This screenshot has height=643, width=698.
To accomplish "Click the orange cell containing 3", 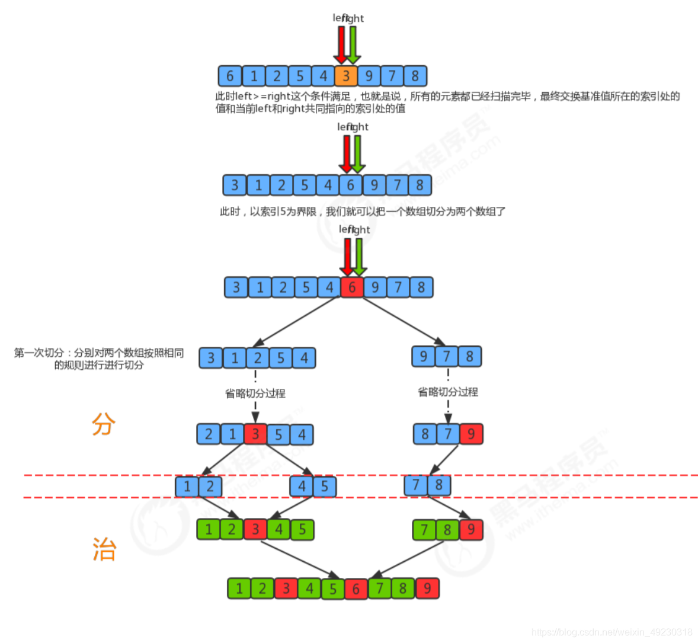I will pyautogui.click(x=346, y=76).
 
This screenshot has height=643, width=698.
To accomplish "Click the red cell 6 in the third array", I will pyautogui.click(x=352, y=287).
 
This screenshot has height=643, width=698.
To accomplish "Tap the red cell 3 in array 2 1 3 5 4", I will pyautogui.click(x=255, y=434).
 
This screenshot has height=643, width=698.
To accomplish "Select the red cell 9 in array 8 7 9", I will pyautogui.click(x=471, y=434).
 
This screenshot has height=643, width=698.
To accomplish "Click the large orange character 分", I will pyautogui.click(x=104, y=424).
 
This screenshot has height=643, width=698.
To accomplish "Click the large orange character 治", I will pyautogui.click(x=104, y=549).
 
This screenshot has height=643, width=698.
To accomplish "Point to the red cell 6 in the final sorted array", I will pyautogui.click(x=356, y=589).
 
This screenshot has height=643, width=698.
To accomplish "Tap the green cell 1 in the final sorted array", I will pyautogui.click(x=239, y=588).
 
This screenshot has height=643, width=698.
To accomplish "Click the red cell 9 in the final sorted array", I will pyautogui.click(x=427, y=588).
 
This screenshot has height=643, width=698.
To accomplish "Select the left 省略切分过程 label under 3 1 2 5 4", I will pyautogui.click(x=255, y=394).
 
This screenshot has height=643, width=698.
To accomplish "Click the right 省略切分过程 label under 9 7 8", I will pyautogui.click(x=448, y=392).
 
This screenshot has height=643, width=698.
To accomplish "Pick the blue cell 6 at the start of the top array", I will pyautogui.click(x=230, y=76).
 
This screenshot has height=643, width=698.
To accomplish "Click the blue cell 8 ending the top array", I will pyautogui.click(x=415, y=76).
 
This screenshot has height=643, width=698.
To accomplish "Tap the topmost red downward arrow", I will pyautogui.click(x=341, y=45).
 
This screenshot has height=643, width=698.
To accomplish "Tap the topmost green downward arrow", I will pyautogui.click(x=353, y=45).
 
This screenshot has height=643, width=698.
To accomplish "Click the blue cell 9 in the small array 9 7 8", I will pyautogui.click(x=424, y=356).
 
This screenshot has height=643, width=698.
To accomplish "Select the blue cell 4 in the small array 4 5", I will pyautogui.click(x=302, y=487).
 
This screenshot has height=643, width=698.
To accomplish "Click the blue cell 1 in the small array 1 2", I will pyautogui.click(x=187, y=487).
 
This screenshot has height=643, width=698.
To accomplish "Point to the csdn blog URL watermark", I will pyautogui.click(x=611, y=632).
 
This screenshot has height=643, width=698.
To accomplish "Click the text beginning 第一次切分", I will pyautogui.click(x=99, y=359).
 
